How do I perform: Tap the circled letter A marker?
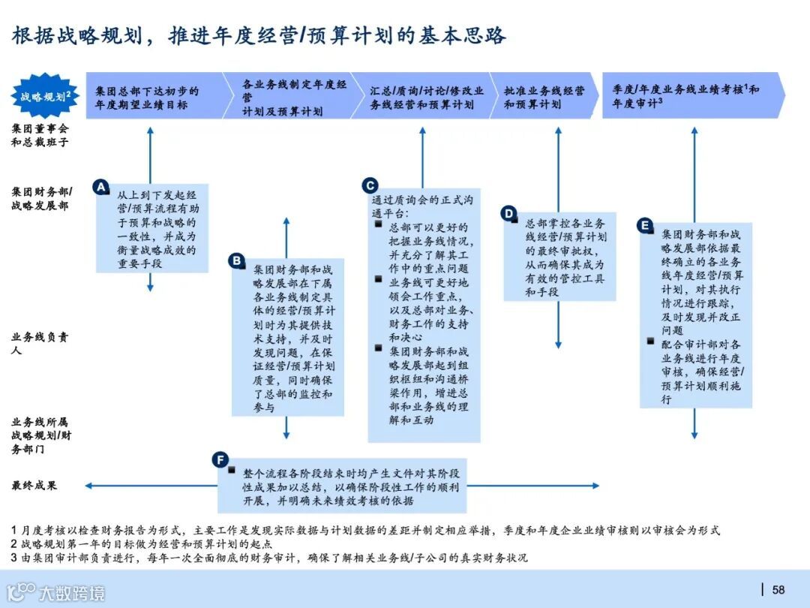coord(101,187)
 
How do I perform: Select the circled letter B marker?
coord(237,260)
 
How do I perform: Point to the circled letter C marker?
coord(370,185)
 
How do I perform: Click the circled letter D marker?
coord(509,213)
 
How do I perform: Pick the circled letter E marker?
coord(645,224)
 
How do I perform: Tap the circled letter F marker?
coord(220,459)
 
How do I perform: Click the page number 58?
coord(778,589)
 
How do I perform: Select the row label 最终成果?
coord(34,486)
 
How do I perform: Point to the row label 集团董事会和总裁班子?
coord(40,134)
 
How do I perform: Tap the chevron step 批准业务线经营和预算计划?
coord(544,97)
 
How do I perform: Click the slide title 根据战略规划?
coord(259,36)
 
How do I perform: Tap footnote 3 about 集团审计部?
coord(270,558)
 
